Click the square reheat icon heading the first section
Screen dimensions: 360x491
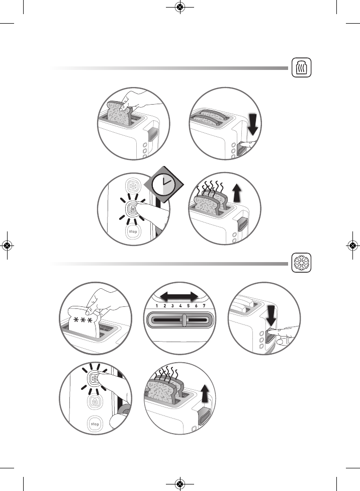tap(302, 67)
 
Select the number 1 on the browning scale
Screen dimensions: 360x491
tap(157, 306)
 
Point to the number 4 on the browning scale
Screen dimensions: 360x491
tap(180, 306)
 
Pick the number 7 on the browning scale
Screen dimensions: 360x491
tap(204, 306)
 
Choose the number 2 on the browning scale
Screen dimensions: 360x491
tap(164, 306)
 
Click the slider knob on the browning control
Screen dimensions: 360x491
tap(185, 320)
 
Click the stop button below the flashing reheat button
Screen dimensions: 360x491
tap(133, 231)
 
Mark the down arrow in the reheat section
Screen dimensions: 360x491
tap(253, 125)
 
